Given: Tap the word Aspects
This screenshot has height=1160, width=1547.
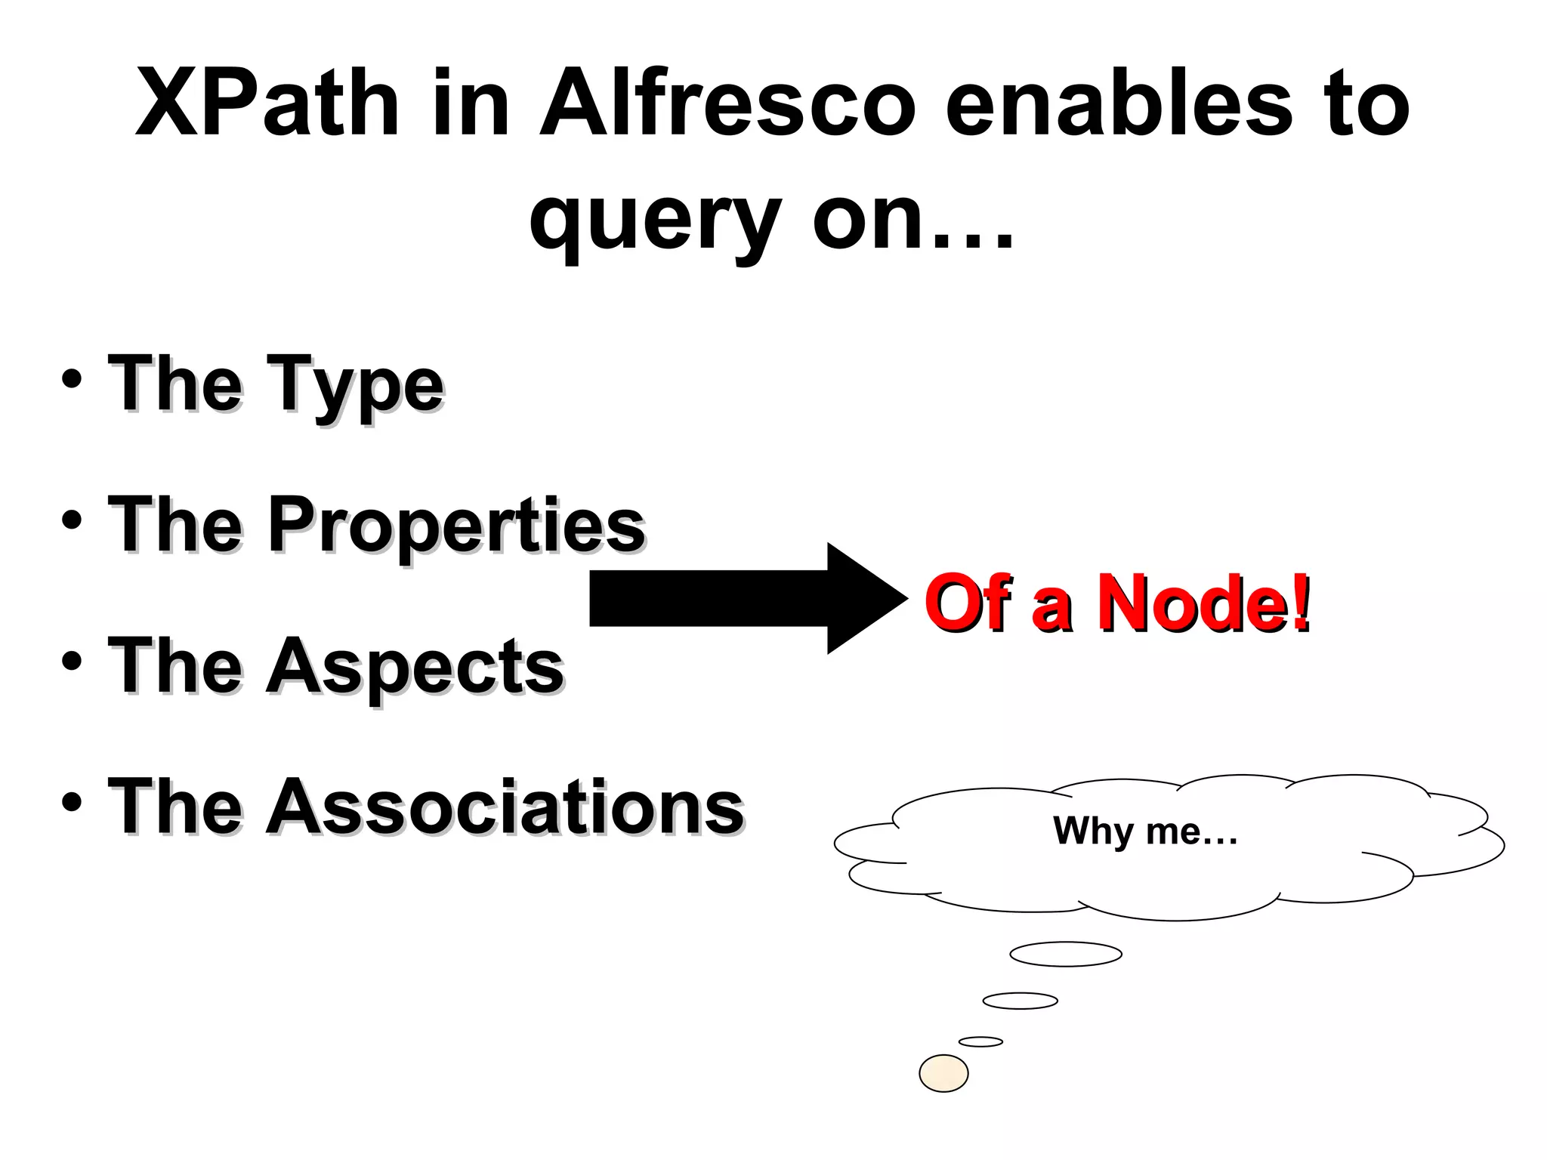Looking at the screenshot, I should tap(415, 666).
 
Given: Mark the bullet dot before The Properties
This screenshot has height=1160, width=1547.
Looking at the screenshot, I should tap(72, 520).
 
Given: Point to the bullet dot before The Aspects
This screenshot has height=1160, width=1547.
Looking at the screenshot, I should tap(72, 661).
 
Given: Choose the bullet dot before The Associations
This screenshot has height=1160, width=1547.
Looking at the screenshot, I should tap(72, 802).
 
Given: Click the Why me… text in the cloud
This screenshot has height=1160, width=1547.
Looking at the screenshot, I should tap(1145, 831).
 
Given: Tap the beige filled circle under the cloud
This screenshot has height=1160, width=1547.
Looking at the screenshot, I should tap(943, 1073).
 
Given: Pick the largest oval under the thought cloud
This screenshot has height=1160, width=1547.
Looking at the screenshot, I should tap(1066, 954).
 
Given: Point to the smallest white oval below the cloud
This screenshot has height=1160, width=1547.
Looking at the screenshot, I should tap(980, 1042).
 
